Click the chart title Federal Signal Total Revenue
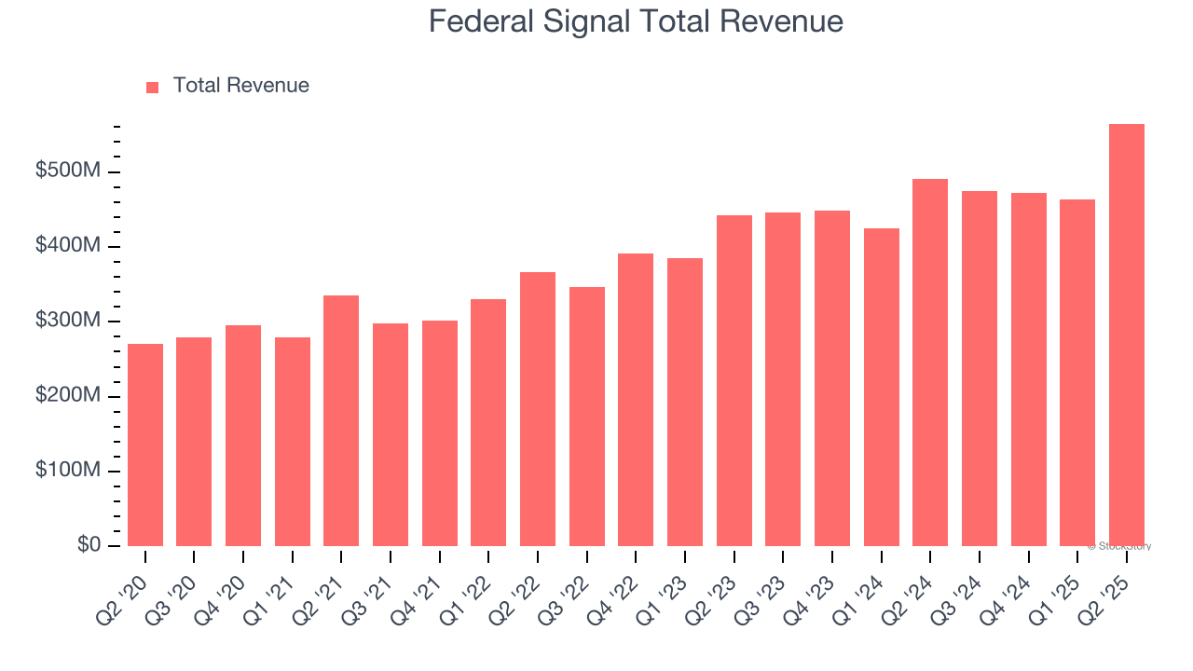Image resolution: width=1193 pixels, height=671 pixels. point(636,21)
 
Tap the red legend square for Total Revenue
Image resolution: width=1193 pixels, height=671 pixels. point(153,87)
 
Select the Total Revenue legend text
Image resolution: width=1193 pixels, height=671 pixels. point(240,86)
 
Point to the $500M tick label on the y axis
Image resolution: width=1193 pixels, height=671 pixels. point(68,171)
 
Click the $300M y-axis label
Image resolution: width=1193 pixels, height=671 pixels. point(68,321)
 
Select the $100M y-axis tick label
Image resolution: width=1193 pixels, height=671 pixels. point(68,470)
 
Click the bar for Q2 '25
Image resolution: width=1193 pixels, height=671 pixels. point(1126,335)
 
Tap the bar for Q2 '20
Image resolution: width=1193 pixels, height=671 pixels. point(145,445)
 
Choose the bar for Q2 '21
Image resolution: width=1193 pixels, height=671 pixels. point(341,420)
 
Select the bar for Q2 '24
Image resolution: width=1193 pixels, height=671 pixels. point(930,363)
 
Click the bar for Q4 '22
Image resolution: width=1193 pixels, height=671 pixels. point(636,400)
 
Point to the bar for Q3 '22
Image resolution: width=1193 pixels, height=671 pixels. point(586,417)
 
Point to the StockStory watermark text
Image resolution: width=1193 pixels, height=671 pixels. point(1118,546)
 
